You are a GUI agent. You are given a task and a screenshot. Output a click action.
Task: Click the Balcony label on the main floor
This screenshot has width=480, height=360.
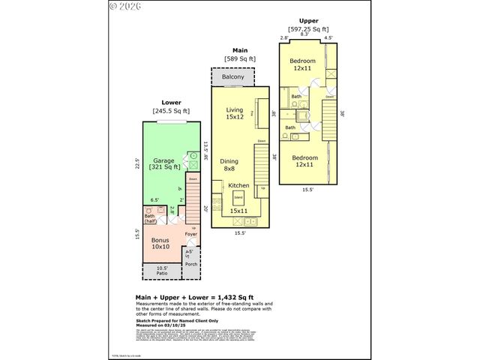[x=232, y=77]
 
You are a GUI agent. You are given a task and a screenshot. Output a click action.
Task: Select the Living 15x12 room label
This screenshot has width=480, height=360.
[x=235, y=112]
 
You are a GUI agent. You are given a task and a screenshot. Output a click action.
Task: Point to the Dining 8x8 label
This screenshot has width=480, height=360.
[x=229, y=165]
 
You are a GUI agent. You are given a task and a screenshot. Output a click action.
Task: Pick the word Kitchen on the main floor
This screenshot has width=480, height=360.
[x=238, y=185]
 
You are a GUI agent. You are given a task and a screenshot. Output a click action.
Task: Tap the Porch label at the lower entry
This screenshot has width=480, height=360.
[x=190, y=265]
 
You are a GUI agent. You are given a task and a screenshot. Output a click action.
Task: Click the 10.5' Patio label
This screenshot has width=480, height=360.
[x=161, y=271]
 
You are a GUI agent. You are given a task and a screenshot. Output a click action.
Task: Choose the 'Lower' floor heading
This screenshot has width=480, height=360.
[x=171, y=102]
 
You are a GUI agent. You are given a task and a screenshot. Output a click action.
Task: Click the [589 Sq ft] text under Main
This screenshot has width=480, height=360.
[x=240, y=58]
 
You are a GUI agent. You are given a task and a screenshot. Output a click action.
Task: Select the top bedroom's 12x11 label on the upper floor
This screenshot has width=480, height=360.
[x=303, y=68]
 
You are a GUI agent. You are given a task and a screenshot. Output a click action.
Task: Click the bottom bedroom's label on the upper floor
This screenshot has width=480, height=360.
[x=305, y=161]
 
